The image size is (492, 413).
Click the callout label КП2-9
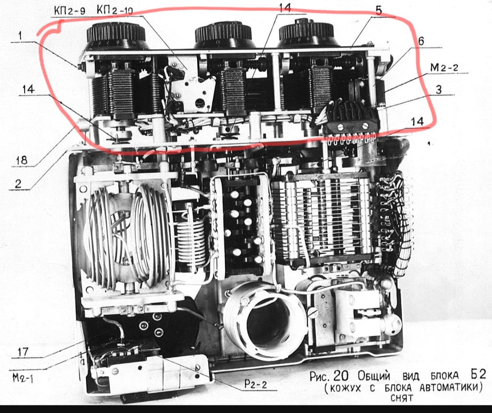point(69,10)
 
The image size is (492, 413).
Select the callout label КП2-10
point(115,10)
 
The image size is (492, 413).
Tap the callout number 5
point(379,10)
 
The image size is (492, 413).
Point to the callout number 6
point(421,41)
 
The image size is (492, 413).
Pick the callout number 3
point(439,89)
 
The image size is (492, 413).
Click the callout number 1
point(20,35)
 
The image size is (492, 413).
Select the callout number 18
point(22,161)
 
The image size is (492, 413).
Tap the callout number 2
point(18,183)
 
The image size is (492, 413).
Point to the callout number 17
point(23,352)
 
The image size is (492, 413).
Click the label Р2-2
point(256,384)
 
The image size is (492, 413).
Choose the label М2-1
point(23,378)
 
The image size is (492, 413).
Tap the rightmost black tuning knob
point(306,33)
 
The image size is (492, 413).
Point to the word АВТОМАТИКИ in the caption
point(451,388)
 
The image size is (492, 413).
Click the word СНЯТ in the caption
point(402,398)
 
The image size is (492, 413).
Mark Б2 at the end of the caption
point(478,374)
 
